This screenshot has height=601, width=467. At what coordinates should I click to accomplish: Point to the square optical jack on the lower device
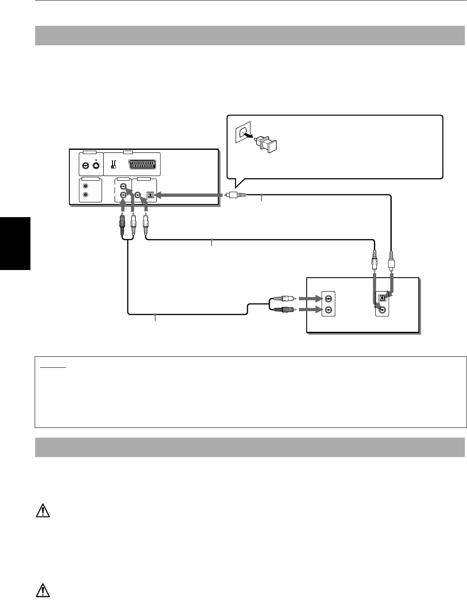tap(382, 297)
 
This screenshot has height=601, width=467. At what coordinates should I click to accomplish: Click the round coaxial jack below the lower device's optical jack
tap(382, 310)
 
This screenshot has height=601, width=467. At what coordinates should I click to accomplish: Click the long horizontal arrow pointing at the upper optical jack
tap(188, 195)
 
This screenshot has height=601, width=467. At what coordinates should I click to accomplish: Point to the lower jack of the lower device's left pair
tap(328, 310)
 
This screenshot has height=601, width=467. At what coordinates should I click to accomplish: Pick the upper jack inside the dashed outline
tap(123, 186)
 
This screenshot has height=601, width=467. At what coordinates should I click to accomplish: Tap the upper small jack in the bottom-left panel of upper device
tap(86, 186)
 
